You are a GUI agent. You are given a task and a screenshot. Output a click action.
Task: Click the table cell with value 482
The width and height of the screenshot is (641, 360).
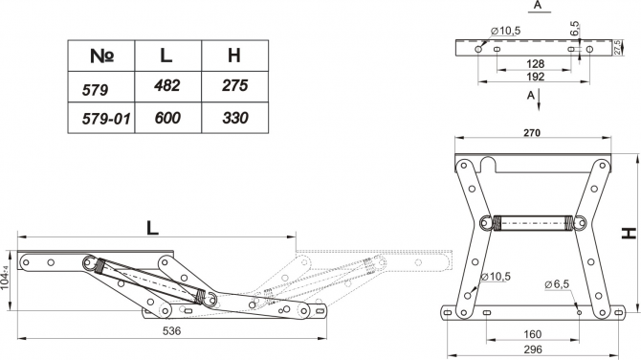(167, 86)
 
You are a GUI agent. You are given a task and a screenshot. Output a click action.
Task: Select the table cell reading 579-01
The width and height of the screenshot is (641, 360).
(101, 118)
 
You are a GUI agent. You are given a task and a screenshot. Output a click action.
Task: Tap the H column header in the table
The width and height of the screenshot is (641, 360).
(234, 56)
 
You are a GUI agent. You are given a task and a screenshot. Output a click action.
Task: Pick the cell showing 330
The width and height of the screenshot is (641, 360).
(234, 118)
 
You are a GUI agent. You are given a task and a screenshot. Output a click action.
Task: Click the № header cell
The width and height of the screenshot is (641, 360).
(101, 56)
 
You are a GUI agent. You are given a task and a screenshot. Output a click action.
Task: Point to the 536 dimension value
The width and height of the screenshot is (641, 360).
(171, 330)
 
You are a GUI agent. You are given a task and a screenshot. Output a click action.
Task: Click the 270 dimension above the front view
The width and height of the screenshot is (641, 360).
(532, 133)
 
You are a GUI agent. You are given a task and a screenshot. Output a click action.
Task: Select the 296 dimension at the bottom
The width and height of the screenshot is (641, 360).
(533, 349)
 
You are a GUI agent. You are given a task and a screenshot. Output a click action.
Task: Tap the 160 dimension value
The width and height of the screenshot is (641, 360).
(532, 334)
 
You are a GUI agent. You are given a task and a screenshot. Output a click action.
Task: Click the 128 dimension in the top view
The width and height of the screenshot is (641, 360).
(535, 64)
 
